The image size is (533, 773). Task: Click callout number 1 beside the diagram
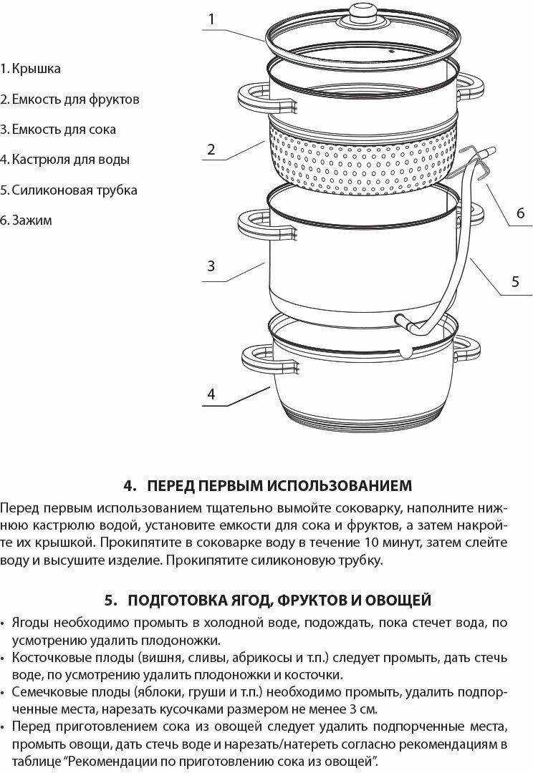[x=211, y=19]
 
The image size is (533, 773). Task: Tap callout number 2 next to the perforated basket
[x=211, y=150]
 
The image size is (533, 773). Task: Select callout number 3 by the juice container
[x=211, y=266]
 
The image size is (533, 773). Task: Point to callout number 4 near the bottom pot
[x=211, y=394]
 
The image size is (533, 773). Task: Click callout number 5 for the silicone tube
[x=515, y=281]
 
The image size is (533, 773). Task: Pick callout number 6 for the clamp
[x=520, y=213]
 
